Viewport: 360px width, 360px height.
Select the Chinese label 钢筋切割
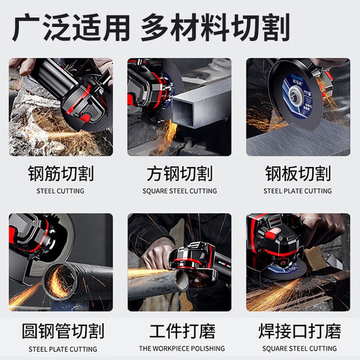pyautogui.click(x=60, y=172)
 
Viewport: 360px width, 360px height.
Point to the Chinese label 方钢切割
pyautogui.click(x=179, y=172)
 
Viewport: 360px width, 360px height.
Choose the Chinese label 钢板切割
pyautogui.click(x=298, y=172)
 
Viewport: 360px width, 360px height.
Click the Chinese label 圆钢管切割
pyautogui.click(x=60, y=329)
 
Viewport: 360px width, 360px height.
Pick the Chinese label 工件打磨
pyautogui.click(x=179, y=329)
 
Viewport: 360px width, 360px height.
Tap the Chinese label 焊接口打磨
pyautogui.click(x=298, y=329)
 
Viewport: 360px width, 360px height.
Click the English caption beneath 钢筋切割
pyautogui.click(x=60, y=191)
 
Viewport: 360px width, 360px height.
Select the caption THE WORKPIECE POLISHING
pyautogui.click(x=179, y=348)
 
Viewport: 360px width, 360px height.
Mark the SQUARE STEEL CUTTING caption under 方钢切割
pyautogui.click(x=179, y=191)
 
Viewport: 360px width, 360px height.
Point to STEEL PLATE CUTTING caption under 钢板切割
pyautogui.click(x=298, y=191)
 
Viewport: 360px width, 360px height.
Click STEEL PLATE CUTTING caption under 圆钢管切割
pyautogui.click(x=60, y=348)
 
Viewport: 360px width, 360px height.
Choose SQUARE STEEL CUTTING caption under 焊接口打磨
pyautogui.click(x=298, y=348)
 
